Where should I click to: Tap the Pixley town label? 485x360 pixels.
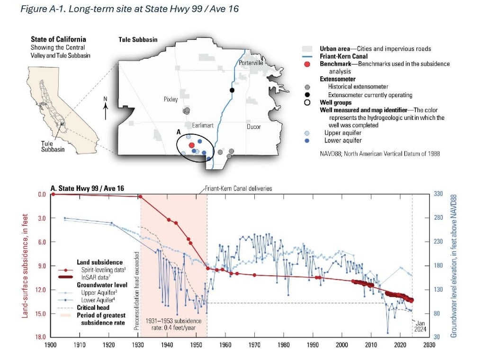pyautogui.click(x=168, y=99)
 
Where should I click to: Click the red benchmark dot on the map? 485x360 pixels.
pyautogui.click(x=191, y=145)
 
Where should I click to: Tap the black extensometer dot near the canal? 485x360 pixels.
pyautogui.click(x=232, y=90)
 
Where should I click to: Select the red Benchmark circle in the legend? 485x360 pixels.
pyautogui.click(x=307, y=64)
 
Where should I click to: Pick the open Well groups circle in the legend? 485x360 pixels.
pyautogui.click(x=307, y=102)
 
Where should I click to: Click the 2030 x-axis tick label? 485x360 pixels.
pyautogui.click(x=430, y=345)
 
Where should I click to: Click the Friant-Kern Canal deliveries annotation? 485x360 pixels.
pyautogui.click(x=239, y=188)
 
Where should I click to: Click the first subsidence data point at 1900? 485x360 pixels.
pyautogui.click(x=53, y=194)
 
